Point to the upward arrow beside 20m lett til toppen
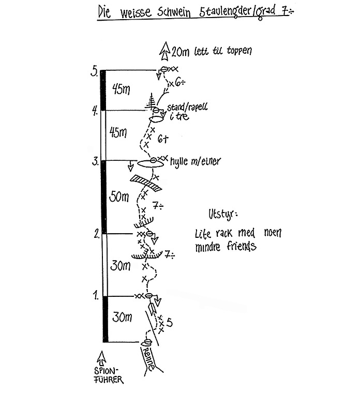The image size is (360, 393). click(166, 50)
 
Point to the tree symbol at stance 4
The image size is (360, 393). click(152, 101)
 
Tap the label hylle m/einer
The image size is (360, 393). click(195, 162)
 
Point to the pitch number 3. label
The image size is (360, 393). click(95, 161)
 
